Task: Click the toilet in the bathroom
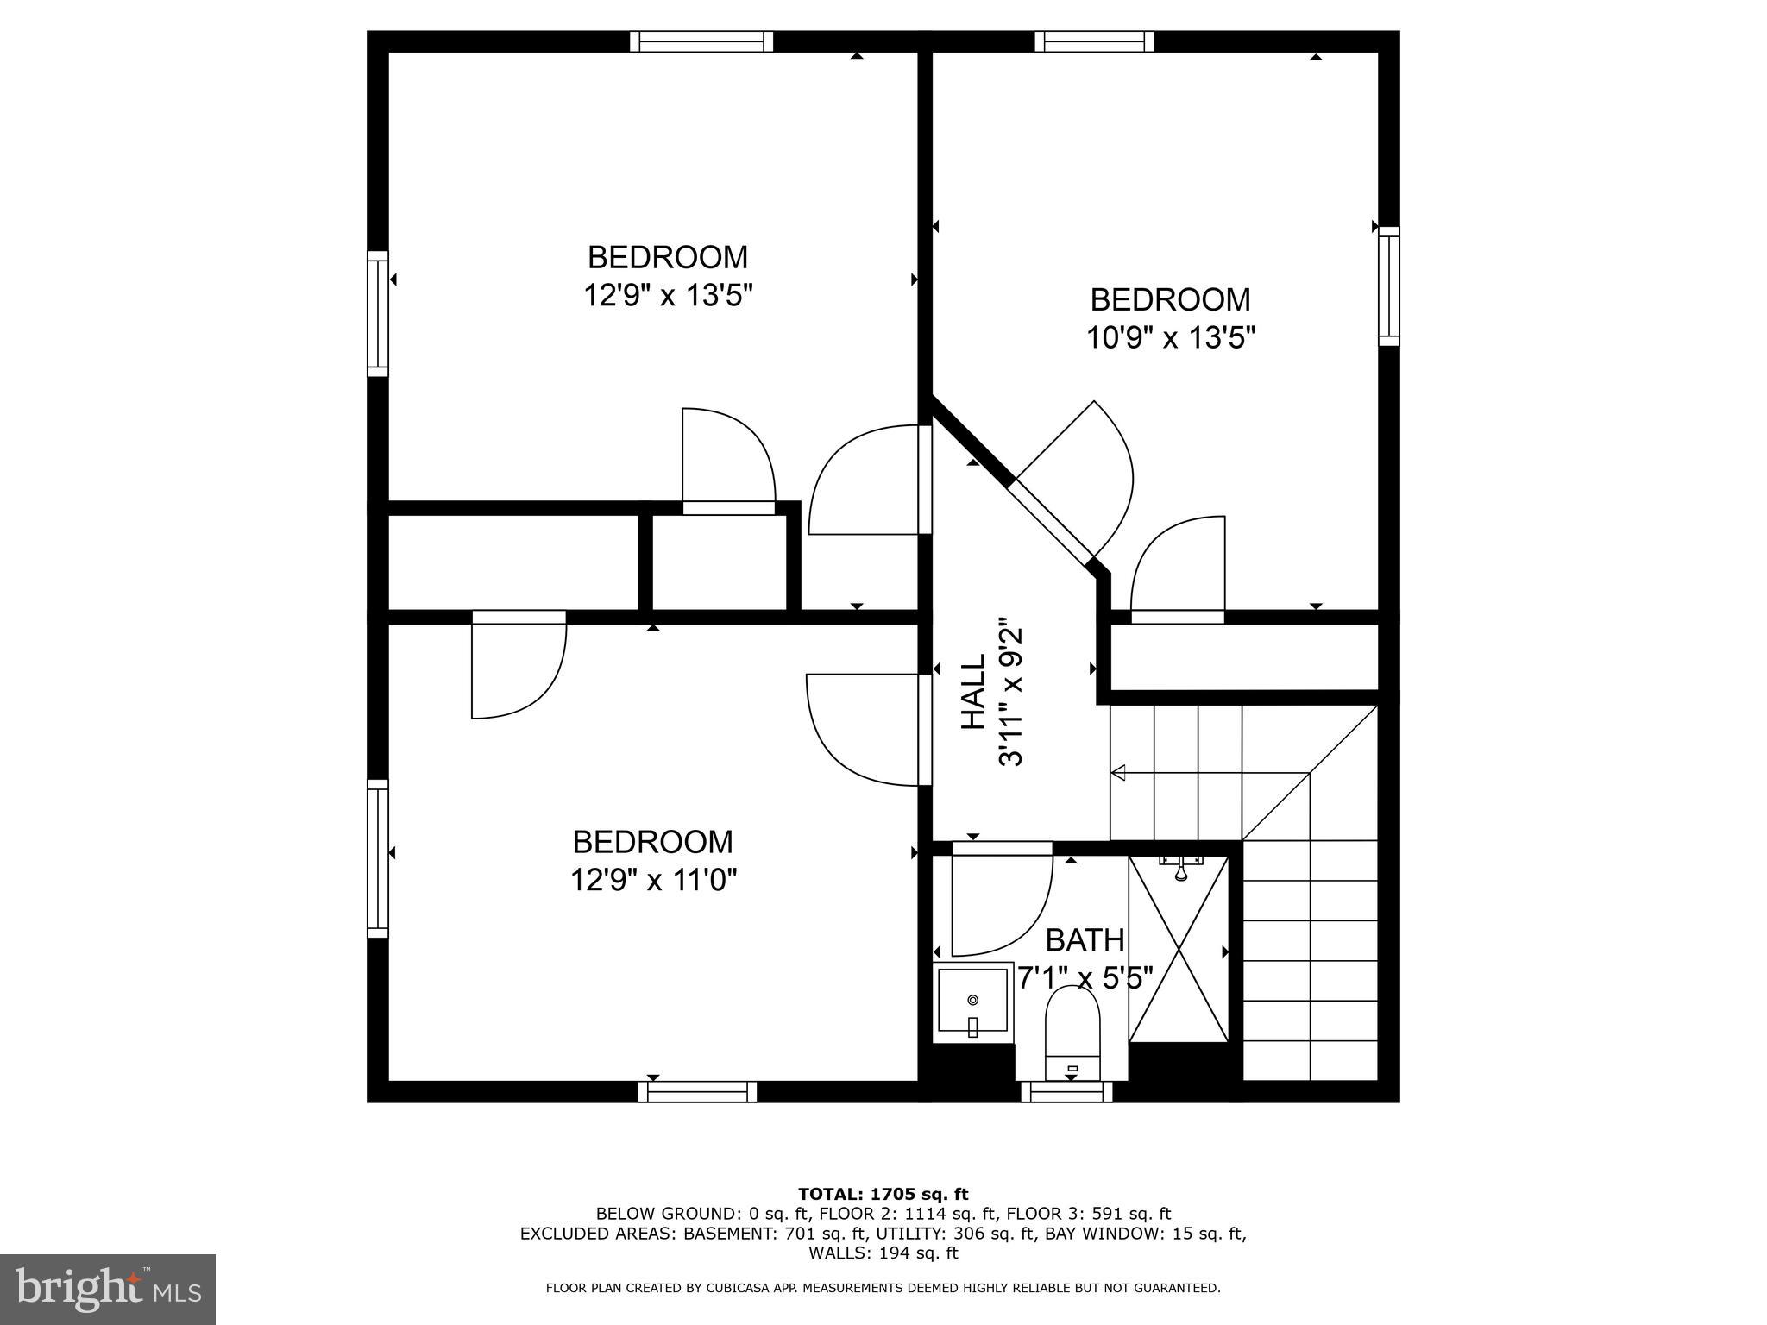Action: (1072, 1031)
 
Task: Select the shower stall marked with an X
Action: (1179, 949)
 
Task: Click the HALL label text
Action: (973, 693)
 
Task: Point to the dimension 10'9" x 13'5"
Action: (1170, 337)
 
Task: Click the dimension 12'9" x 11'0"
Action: (653, 880)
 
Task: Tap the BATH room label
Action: (1085, 939)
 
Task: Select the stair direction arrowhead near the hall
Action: (1118, 773)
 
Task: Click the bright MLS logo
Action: (107, 1289)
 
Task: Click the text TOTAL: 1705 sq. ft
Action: (883, 1194)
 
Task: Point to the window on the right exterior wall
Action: (1388, 286)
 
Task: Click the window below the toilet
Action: (1066, 1093)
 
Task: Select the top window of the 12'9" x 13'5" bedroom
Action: (701, 41)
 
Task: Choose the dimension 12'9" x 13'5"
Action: (668, 296)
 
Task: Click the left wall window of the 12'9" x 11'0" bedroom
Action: (377, 857)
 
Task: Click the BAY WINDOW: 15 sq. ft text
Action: (1145, 1234)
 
